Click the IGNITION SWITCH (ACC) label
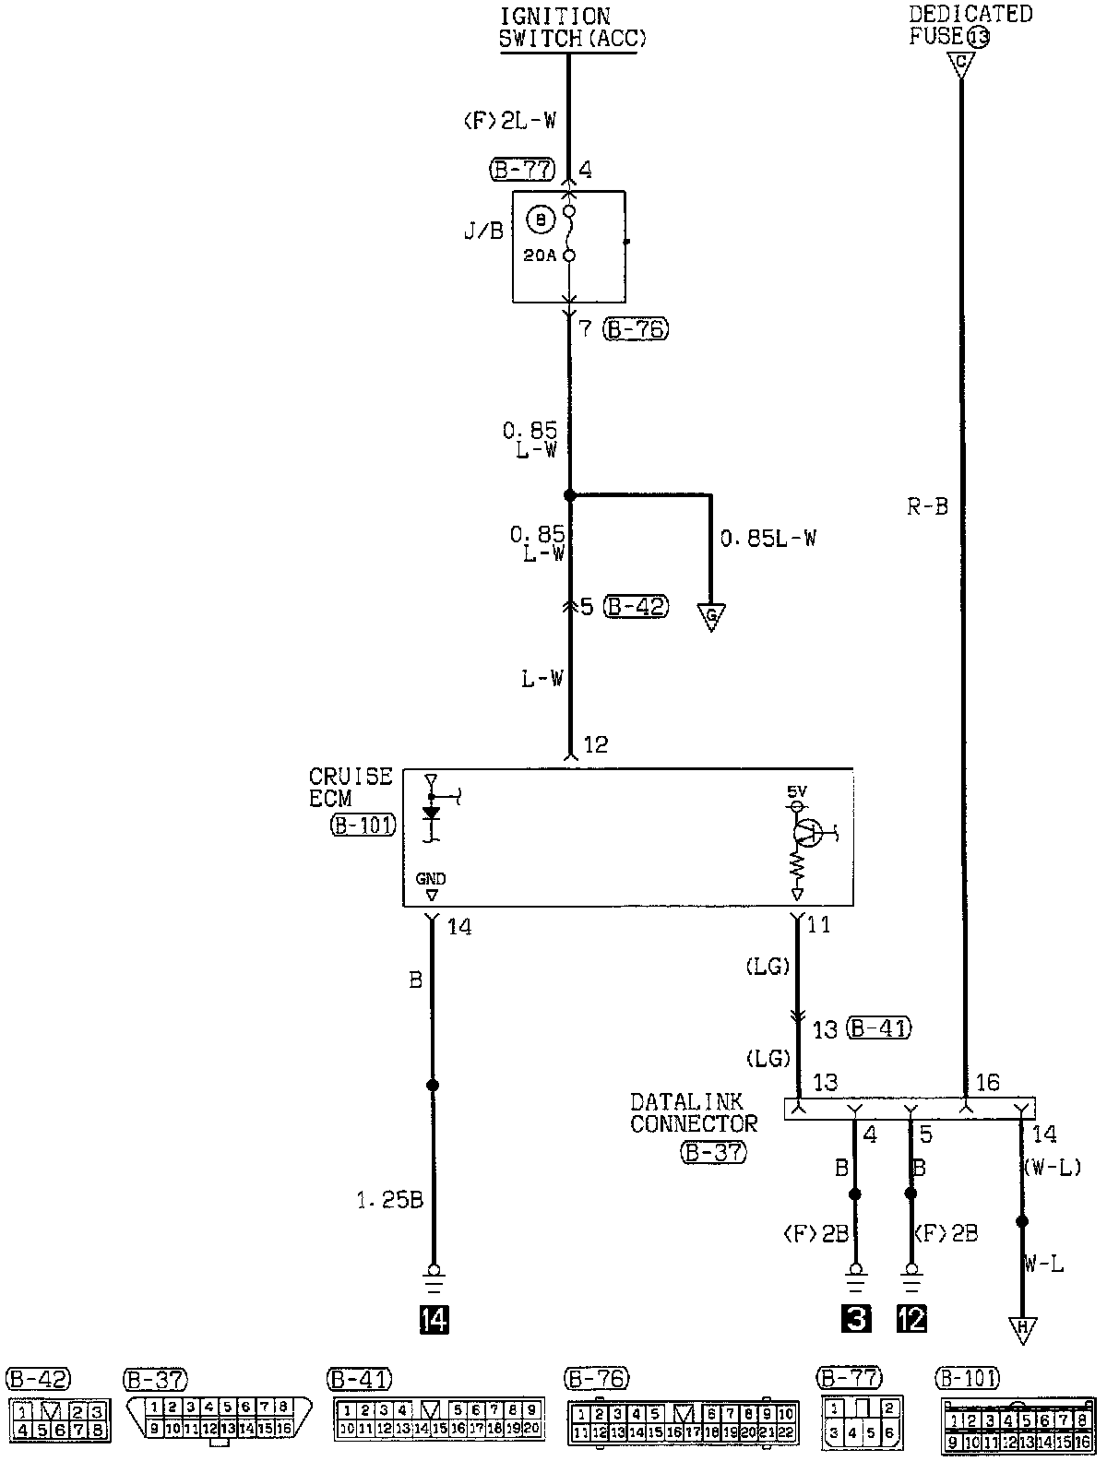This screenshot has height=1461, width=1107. tap(568, 28)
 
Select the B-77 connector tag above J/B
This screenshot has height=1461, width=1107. tap(522, 170)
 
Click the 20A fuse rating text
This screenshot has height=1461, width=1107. tap(539, 255)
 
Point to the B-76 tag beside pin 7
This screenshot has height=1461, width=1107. tap(636, 328)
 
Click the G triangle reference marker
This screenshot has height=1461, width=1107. tap(711, 615)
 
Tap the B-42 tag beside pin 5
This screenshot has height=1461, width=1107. tap(636, 607)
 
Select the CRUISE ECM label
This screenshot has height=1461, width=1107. tap(351, 788)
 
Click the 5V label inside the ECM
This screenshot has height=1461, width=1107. tap(797, 790)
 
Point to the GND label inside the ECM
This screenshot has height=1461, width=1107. tap(431, 880)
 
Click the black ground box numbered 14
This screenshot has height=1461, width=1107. tap(433, 1321)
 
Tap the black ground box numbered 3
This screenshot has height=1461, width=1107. tap(856, 1320)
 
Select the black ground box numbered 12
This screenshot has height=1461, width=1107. tap(911, 1320)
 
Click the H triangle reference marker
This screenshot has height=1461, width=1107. tap(1021, 1329)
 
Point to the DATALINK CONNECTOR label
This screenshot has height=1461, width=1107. tap(693, 1112)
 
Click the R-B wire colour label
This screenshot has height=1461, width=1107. tap(926, 506)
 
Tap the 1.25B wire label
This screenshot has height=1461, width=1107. tap(391, 1201)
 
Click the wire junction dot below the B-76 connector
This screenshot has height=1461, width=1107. tap(569, 495)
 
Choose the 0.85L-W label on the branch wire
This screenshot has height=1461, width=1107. tap(768, 538)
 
